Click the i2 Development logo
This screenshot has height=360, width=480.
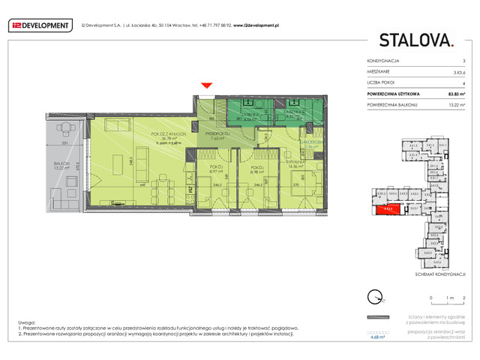(x=39, y=25)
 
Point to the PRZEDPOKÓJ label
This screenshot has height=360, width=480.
(x=217, y=133)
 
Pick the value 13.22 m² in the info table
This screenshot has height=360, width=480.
(x=454, y=105)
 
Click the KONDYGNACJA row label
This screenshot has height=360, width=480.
(x=382, y=60)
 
